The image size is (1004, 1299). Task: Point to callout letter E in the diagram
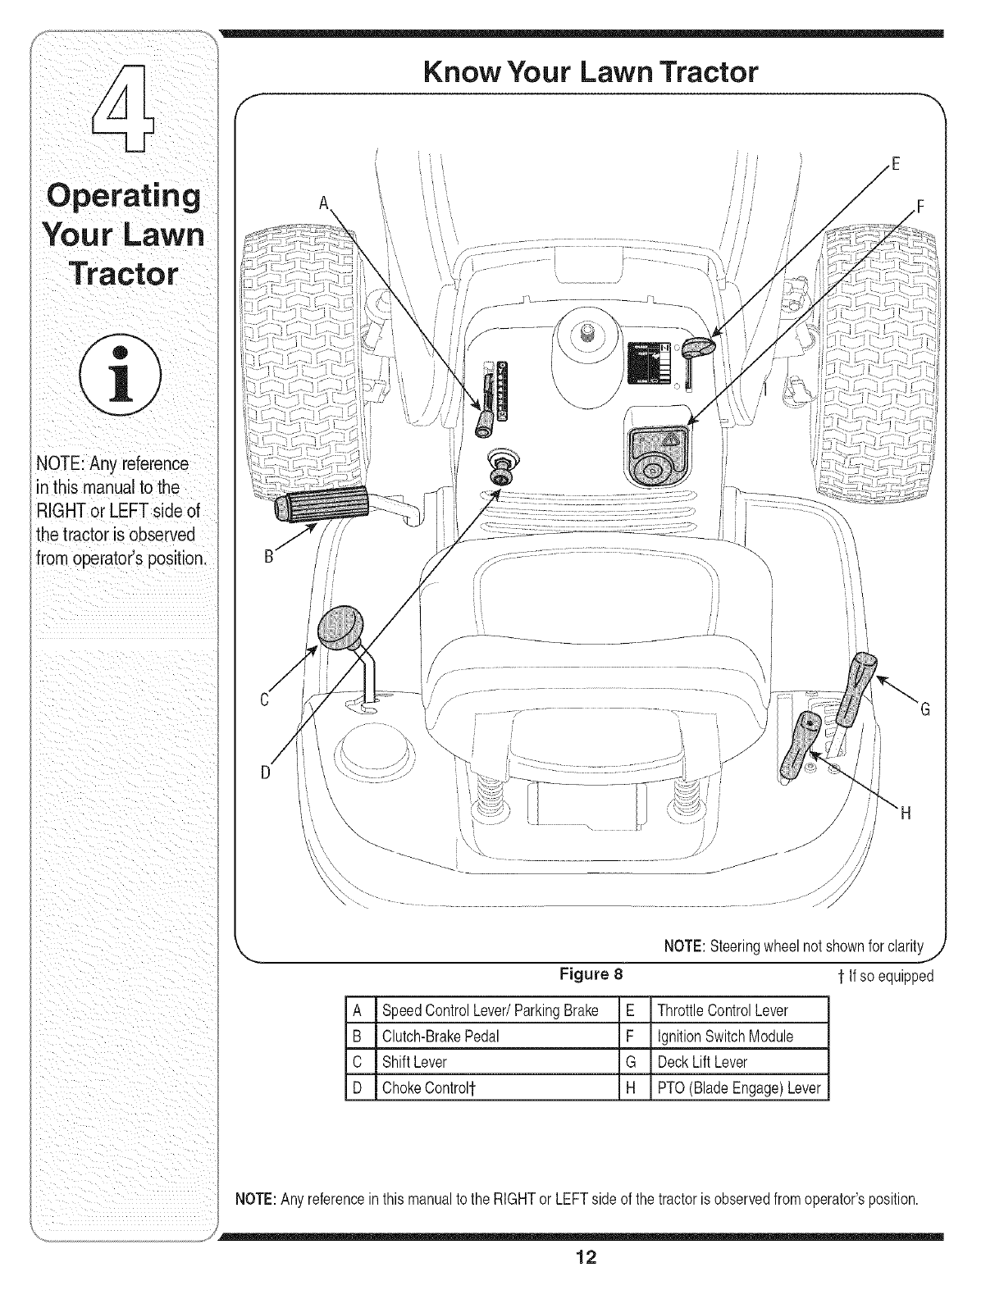(x=896, y=162)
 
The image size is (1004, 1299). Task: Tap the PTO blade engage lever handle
(x=798, y=746)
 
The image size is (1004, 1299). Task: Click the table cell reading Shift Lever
(x=415, y=1062)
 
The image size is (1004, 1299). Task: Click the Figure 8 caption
(x=591, y=975)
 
